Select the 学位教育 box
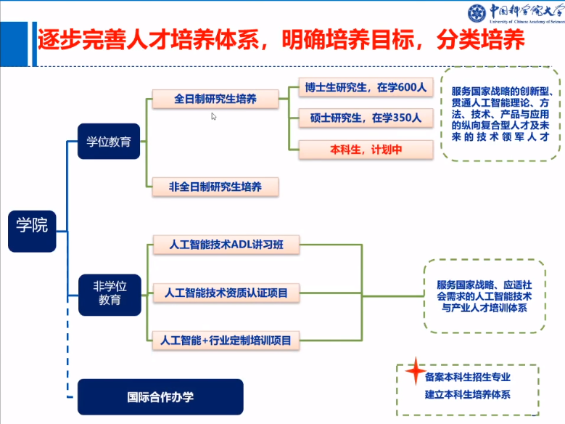109,142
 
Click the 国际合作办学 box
160,397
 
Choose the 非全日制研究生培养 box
215,187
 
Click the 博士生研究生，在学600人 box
366,88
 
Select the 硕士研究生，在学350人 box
366,118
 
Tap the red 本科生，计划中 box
366,150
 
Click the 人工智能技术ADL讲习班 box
226,244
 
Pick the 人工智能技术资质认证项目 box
226,293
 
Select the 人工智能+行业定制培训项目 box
226,339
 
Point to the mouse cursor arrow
214,116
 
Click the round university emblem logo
477,12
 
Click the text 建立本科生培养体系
468,395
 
